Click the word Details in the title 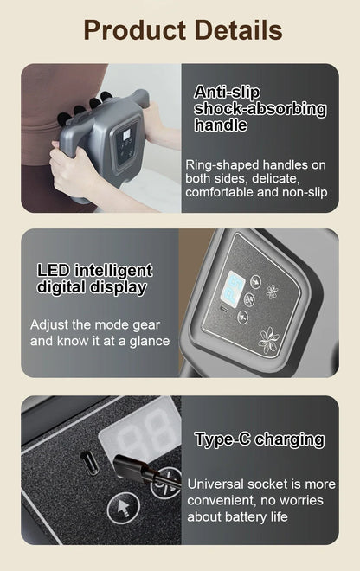(236, 31)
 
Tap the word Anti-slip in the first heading (227, 92)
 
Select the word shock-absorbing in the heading (260, 109)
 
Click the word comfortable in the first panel (224, 191)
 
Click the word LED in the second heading (53, 270)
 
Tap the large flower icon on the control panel (269, 338)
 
